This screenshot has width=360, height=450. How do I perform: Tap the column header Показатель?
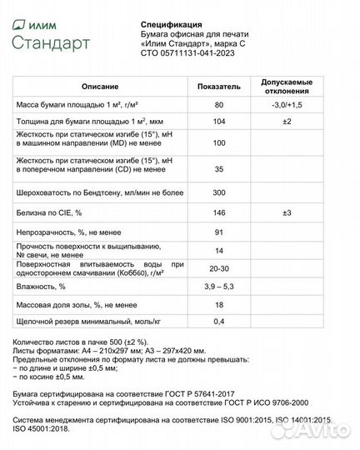(x=218, y=87)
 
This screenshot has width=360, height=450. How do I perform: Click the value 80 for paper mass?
(x=218, y=106)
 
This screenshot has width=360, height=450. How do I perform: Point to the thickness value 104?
(x=218, y=122)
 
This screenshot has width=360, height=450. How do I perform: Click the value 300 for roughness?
(x=218, y=192)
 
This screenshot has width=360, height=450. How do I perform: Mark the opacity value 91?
(x=218, y=232)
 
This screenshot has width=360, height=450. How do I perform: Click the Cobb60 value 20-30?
(x=218, y=267)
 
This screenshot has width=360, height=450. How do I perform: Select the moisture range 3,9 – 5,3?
(x=218, y=287)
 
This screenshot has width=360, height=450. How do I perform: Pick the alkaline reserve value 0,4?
(x=218, y=322)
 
